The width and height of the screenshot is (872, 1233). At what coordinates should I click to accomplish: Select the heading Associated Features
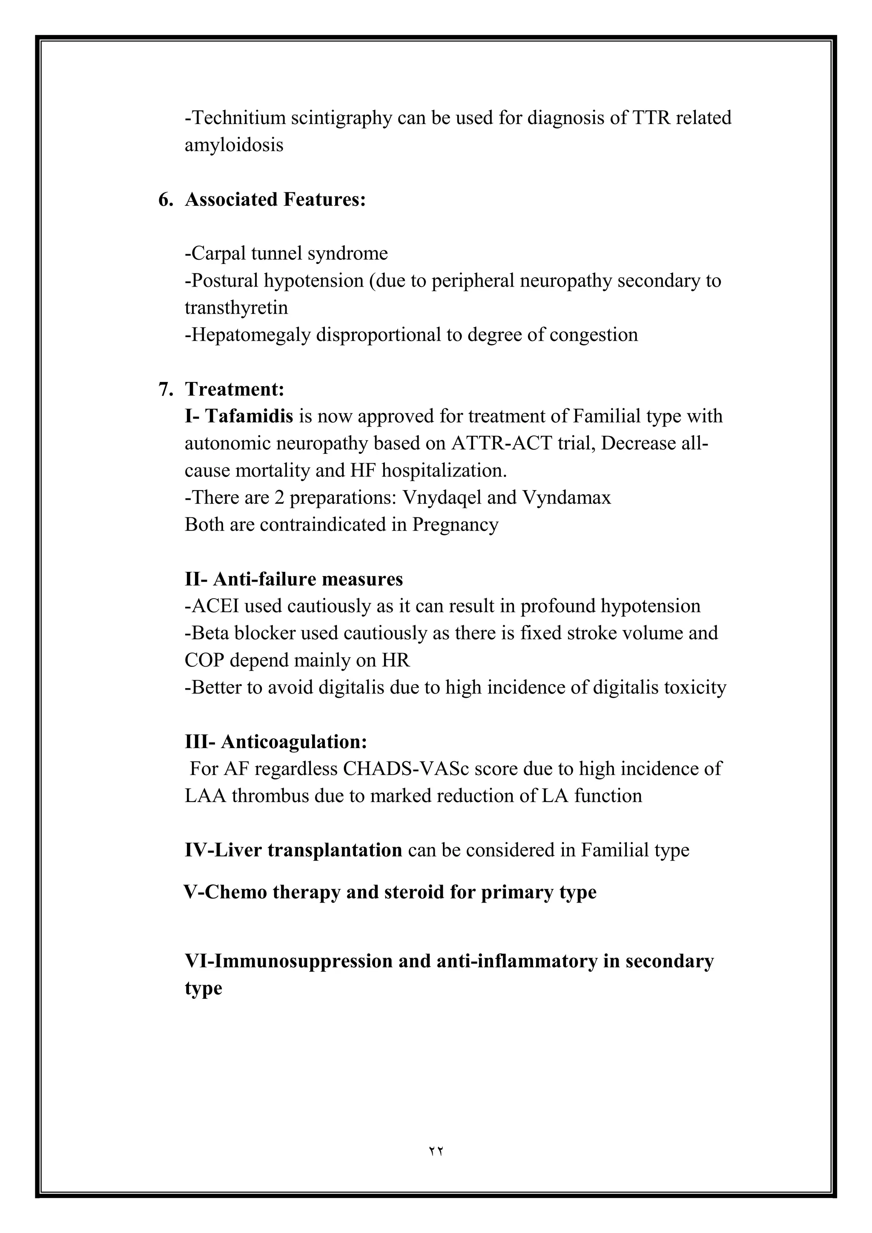tap(275, 199)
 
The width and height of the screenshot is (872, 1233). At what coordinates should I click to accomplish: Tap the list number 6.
tap(165, 199)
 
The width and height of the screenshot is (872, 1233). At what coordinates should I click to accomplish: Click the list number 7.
tap(165, 389)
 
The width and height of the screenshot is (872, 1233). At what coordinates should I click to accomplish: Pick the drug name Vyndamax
tap(566, 498)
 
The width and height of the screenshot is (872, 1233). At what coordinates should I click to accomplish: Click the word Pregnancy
tap(455, 525)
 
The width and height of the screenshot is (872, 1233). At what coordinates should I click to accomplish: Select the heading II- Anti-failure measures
tap(293, 579)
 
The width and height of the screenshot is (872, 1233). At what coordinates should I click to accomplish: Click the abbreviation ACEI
tap(212, 606)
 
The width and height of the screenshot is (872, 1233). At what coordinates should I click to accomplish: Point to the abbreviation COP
tap(204, 660)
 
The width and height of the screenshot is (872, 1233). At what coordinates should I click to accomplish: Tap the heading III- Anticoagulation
tap(276, 742)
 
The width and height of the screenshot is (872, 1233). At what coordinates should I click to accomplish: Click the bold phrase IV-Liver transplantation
tap(293, 850)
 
